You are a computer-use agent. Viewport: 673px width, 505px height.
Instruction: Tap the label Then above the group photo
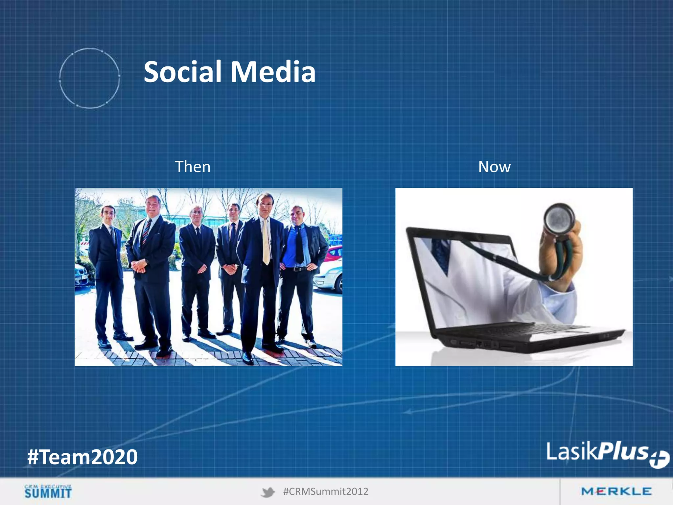[193, 167]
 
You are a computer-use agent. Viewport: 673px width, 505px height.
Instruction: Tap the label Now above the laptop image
[494, 167]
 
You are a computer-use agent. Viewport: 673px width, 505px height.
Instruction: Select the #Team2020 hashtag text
[82, 457]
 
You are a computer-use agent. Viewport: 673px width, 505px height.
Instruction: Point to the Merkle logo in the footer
[616, 492]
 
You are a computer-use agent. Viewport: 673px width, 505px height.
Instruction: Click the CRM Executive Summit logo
[48, 492]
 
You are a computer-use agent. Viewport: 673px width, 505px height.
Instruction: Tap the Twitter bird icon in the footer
[268, 492]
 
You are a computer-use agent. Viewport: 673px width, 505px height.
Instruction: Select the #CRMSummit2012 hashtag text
[326, 492]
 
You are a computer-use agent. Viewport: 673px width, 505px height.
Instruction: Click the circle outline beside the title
[89, 78]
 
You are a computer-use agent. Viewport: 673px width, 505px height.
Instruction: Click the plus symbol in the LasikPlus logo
[659, 459]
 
